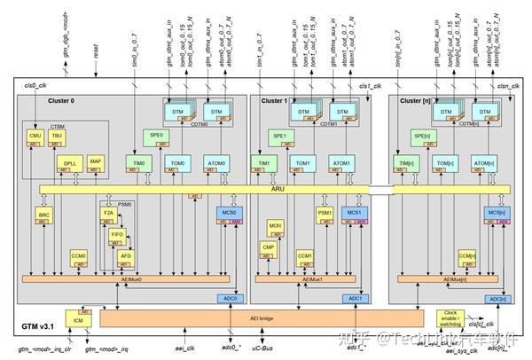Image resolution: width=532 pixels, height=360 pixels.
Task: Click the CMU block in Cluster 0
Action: [x=36, y=137]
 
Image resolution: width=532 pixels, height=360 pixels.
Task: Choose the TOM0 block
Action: [x=177, y=166]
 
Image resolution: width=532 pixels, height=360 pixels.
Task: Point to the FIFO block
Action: [x=117, y=236]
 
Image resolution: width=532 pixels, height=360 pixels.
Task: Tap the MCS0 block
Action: [x=227, y=215]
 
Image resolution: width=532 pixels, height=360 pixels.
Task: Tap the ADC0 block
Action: [x=231, y=299]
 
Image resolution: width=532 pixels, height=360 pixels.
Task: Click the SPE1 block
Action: [x=280, y=136]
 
